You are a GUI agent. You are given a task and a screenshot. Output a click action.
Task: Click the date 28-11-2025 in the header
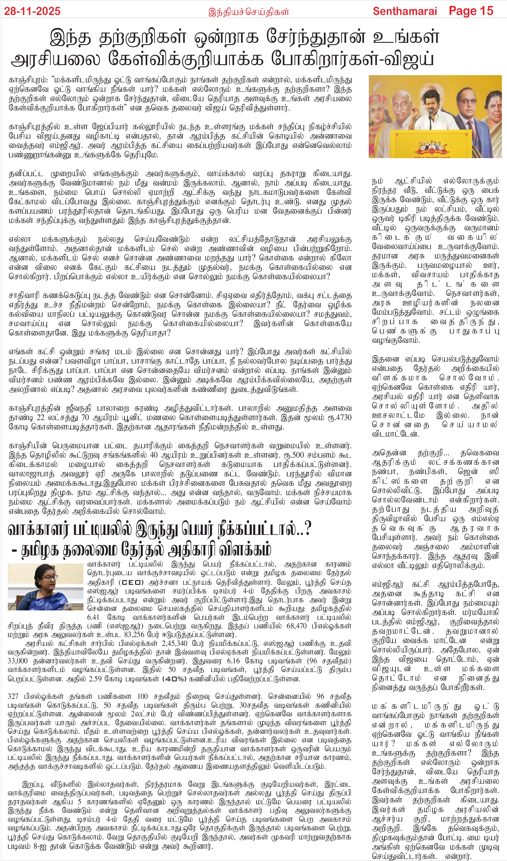point(32,11)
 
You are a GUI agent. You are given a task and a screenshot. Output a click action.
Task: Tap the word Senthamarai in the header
point(405,11)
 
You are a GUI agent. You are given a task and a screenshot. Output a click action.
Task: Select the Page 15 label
point(471,11)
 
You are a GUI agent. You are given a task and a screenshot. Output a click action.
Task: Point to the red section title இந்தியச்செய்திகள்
point(248,12)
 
